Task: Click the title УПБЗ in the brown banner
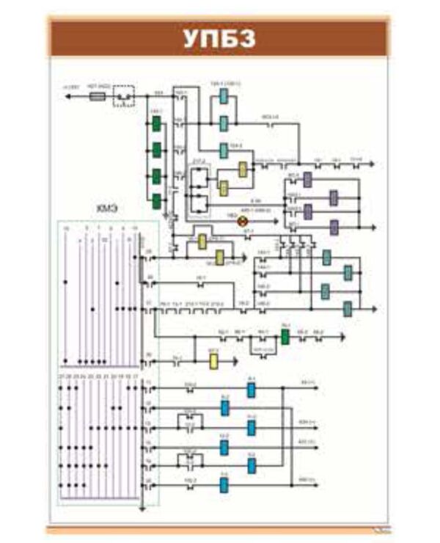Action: pos(219,39)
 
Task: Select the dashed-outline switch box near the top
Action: pos(125,96)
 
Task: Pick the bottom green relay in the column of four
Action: pos(156,201)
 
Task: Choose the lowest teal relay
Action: pos(348,308)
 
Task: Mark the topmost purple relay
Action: pos(308,180)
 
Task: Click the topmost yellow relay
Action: pos(243,170)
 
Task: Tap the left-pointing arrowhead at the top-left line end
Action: pos(68,95)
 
